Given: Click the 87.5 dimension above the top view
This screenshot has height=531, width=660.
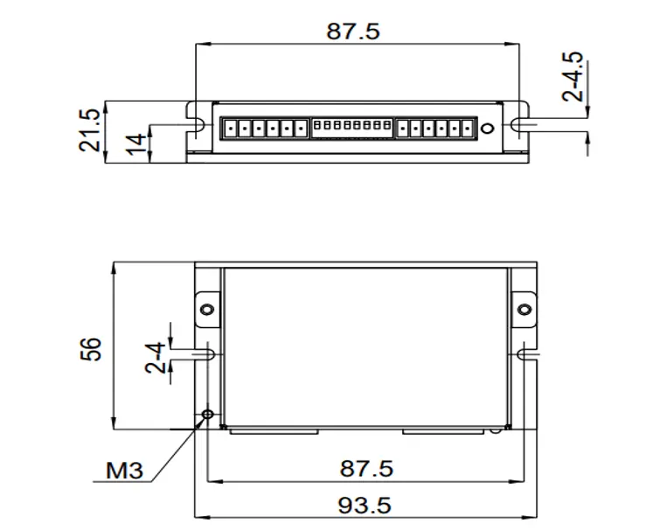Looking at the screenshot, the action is tap(353, 31).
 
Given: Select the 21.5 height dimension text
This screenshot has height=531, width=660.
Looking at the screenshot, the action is tap(90, 130).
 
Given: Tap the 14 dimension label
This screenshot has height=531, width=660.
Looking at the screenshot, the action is tap(136, 144).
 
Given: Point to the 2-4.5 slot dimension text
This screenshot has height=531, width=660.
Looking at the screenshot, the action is tap(573, 76).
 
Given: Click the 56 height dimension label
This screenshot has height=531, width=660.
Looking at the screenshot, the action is tap(91, 349).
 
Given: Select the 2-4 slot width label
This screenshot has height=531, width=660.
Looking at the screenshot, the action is tap(155, 358).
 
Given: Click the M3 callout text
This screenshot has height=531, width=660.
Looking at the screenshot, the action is tap(124, 470).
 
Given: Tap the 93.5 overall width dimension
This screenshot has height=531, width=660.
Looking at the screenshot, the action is tap(365, 506).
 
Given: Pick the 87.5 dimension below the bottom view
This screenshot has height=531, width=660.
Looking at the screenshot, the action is tap(366, 469).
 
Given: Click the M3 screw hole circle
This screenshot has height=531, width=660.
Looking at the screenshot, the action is tap(207, 415).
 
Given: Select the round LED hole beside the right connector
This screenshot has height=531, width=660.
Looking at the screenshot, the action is tap(487, 128).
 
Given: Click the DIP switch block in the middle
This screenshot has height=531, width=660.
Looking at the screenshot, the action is tap(352, 128).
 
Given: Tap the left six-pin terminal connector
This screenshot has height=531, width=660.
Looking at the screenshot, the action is tap(265, 128).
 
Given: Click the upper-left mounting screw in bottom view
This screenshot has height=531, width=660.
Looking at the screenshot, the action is tap(207, 310).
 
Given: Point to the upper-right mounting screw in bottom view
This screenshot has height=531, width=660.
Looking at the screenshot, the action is tap(524, 310).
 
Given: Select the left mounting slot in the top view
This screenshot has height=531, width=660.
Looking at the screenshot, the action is tap(196, 125).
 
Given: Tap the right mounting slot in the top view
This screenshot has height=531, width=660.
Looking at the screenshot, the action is tap(521, 125).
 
